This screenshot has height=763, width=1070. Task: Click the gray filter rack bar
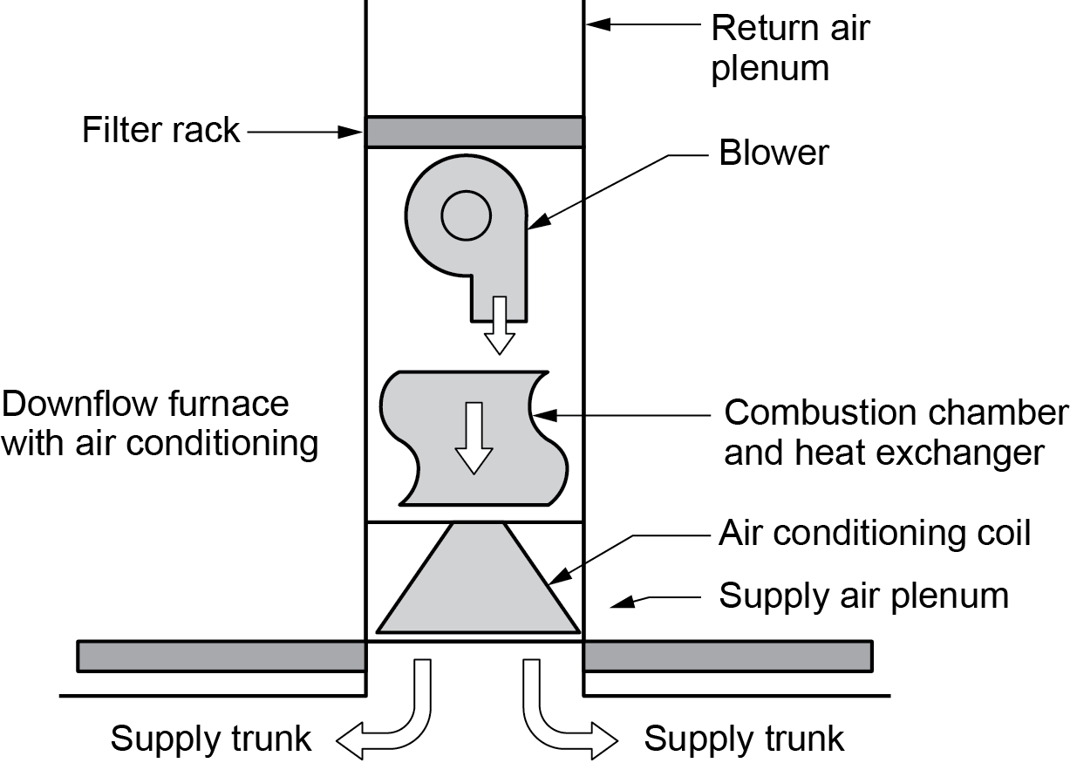474,132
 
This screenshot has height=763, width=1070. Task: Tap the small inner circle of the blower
466,215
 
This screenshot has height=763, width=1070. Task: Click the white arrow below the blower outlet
500,326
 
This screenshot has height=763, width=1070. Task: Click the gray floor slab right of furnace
727,656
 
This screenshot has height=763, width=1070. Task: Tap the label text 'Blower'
774,153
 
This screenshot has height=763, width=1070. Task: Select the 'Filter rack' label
160,131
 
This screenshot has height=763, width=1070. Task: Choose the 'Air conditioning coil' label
874,533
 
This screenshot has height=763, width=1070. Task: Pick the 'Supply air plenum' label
862,596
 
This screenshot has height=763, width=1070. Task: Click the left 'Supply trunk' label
211,739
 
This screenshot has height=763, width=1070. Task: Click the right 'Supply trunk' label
744,739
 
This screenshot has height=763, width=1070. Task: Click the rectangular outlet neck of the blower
498,301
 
